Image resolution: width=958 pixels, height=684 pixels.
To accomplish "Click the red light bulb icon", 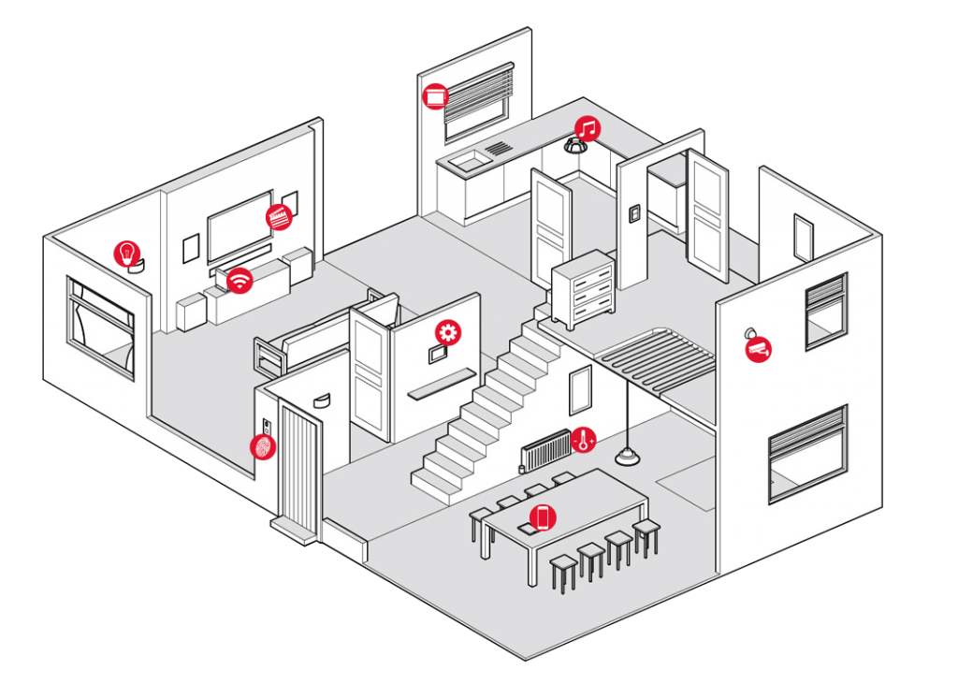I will click(x=126, y=253).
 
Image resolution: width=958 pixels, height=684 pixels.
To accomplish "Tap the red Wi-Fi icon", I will click(x=240, y=280).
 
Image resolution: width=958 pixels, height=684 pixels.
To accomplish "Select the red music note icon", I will click(x=587, y=128).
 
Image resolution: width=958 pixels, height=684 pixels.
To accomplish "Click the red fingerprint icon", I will click(x=263, y=446).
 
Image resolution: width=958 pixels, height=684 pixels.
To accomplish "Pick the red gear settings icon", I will click(x=448, y=332).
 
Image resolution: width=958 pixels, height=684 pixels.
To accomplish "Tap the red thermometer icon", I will click(x=584, y=439).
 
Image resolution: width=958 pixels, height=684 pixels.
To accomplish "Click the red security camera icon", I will click(x=758, y=350).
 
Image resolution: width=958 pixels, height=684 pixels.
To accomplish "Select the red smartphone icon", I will click(x=543, y=517).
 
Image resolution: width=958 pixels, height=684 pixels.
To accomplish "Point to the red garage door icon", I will click(x=279, y=216).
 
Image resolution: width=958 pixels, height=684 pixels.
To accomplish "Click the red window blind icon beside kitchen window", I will click(x=435, y=96).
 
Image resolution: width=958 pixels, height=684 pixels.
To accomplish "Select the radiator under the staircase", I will click(x=546, y=450).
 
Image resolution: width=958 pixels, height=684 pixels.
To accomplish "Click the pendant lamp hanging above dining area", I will click(x=626, y=456).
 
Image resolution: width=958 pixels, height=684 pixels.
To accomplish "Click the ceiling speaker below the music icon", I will click(x=573, y=146).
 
